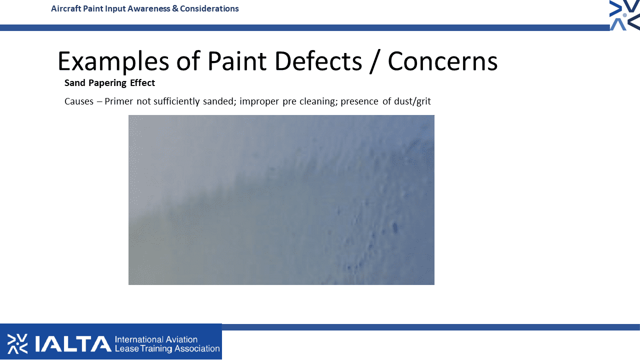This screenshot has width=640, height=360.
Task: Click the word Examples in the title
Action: [113, 61]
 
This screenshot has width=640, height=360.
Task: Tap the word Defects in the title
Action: [318, 61]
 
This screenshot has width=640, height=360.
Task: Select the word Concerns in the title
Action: [442, 61]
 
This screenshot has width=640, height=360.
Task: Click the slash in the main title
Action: [375, 61]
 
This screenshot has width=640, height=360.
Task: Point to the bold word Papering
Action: [107, 83]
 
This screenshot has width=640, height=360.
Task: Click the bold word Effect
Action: [142, 82]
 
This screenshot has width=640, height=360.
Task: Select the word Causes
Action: [79, 101]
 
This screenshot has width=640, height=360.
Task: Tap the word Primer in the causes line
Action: [118, 101]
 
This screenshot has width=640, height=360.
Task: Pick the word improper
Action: [259, 101]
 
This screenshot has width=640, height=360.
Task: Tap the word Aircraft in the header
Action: [66, 8]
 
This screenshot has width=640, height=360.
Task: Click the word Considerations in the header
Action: [209, 8]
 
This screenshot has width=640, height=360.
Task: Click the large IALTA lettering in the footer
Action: [73, 343]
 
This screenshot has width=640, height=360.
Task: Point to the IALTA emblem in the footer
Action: [17, 343]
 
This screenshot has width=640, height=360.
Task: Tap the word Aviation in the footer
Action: [181, 339]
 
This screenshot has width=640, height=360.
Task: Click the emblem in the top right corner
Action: [624, 15]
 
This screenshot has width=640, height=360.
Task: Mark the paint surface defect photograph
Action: [281, 200]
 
